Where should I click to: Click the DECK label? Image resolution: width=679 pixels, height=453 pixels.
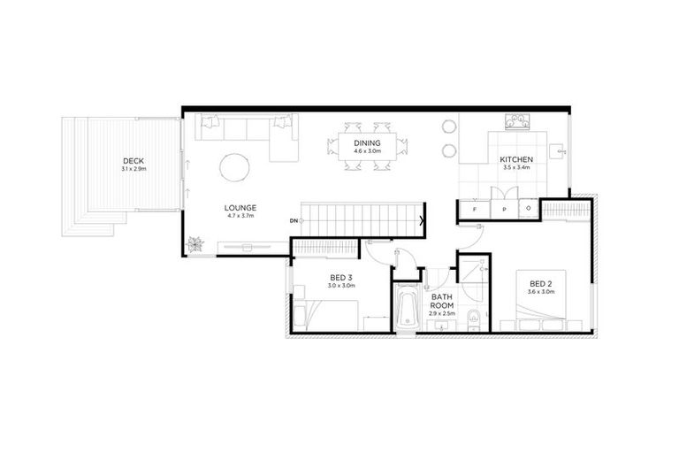134,161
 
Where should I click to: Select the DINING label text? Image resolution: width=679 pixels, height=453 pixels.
367,143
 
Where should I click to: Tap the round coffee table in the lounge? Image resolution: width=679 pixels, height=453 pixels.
235,167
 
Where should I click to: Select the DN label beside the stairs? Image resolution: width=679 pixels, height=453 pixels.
294,219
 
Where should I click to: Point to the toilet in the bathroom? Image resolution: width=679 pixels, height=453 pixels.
473,320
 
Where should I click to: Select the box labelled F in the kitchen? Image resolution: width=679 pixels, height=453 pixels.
475,210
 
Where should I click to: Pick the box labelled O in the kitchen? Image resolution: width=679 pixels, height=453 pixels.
529,210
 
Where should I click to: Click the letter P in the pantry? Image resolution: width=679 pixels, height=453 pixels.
501,210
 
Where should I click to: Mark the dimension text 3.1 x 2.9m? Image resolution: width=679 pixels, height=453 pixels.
134,169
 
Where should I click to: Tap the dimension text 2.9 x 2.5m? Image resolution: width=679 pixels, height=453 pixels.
441,315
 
